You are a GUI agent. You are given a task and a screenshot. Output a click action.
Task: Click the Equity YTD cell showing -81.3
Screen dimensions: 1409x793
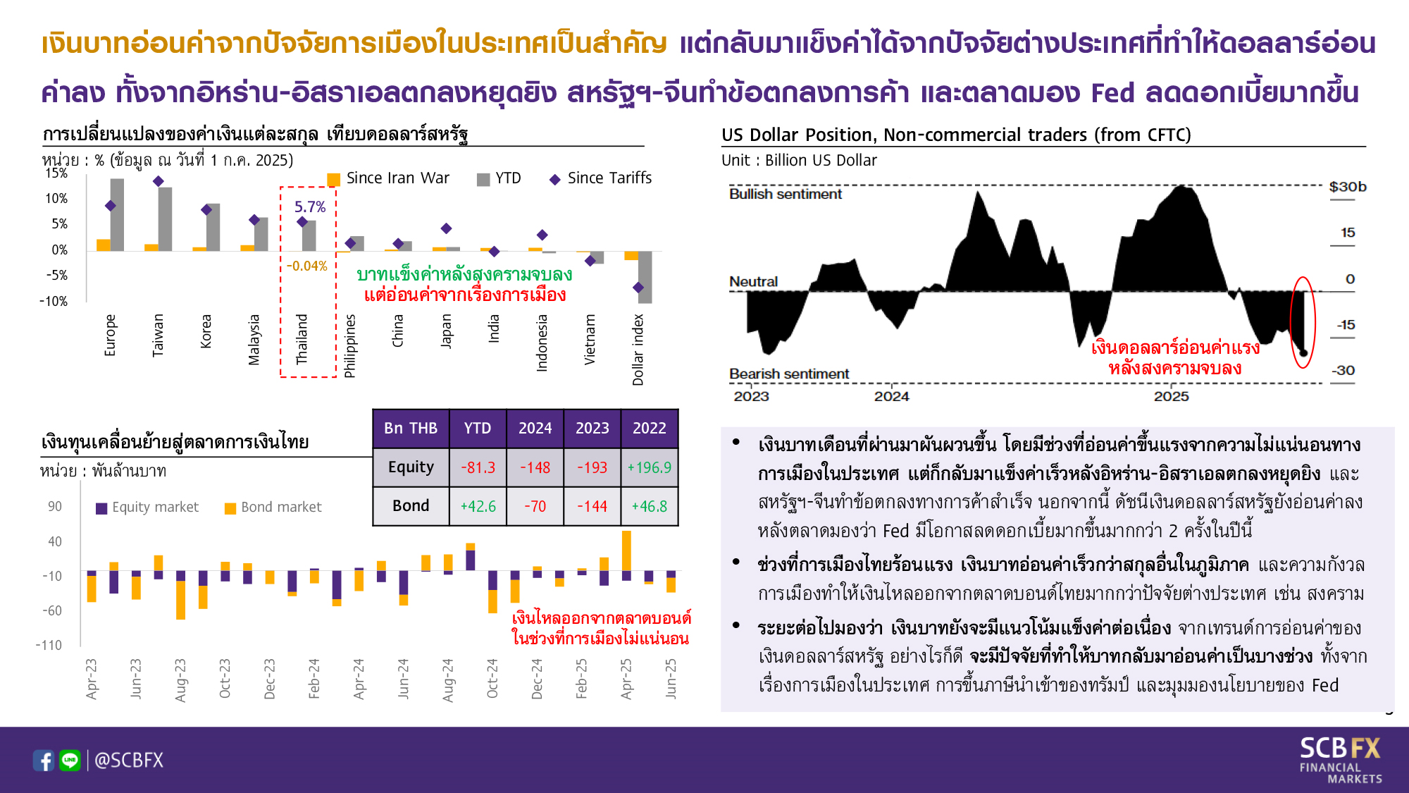(x=478, y=467)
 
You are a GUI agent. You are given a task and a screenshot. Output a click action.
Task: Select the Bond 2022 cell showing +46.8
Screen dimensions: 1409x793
(x=649, y=506)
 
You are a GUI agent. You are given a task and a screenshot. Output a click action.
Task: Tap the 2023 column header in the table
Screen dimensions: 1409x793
(x=592, y=428)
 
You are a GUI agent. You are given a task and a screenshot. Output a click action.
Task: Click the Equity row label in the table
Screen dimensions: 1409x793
(x=411, y=467)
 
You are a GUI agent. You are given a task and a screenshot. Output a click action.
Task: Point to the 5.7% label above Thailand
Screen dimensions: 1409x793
(x=310, y=207)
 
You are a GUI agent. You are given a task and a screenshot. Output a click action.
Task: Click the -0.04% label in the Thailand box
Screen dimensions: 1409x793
(x=307, y=266)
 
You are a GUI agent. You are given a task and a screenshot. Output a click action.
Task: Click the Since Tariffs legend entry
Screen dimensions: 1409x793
(x=601, y=178)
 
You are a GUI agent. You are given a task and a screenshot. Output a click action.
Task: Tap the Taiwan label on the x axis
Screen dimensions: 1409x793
(x=158, y=335)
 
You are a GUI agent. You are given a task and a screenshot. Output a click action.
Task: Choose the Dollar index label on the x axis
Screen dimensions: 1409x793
(x=638, y=350)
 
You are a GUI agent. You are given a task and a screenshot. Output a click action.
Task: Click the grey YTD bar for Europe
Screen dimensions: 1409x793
(x=117, y=215)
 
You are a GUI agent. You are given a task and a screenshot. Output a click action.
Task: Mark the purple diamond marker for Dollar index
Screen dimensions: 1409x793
(x=638, y=288)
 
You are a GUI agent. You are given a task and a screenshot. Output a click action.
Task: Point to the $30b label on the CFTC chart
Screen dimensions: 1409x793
(x=1348, y=187)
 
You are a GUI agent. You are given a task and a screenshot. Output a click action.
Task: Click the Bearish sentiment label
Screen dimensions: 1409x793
(x=789, y=374)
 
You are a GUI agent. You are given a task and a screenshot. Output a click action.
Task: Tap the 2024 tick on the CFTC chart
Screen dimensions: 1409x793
(x=892, y=396)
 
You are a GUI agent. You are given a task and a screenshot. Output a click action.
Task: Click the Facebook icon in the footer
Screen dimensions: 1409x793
(x=44, y=761)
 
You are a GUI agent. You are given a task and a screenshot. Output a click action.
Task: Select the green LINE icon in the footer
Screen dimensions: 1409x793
(x=70, y=761)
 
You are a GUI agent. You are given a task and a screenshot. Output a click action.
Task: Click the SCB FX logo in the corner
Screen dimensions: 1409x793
(x=1340, y=760)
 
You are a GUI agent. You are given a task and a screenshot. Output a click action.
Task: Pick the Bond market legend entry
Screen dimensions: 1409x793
(x=273, y=508)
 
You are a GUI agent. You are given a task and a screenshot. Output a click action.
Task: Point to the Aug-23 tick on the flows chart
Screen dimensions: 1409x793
(x=180, y=680)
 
